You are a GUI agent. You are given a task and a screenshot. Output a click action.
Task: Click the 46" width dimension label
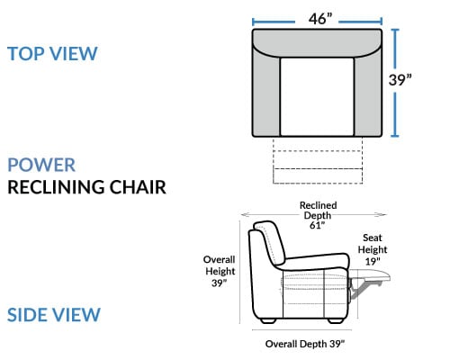tap(320, 19)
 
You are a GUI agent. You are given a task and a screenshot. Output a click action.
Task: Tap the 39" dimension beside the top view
tap(400, 80)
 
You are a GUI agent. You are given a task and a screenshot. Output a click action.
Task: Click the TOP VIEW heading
tap(52, 54)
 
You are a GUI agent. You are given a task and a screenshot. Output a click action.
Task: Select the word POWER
tap(41, 165)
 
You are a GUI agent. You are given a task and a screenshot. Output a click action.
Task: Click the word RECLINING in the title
tap(56, 187)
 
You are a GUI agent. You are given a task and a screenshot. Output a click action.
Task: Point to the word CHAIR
tap(138, 187)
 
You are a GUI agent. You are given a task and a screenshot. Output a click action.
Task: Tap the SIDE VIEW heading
tap(54, 315)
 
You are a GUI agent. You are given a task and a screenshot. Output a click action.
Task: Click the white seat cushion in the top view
tap(317, 96)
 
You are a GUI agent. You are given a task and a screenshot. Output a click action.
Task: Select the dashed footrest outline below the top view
tap(318, 160)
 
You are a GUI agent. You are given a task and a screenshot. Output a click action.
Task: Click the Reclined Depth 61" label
tap(318, 215)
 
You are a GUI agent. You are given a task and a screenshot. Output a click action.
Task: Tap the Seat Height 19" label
tap(373, 249)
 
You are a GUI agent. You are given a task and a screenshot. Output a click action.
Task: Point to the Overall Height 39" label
tap(220, 271)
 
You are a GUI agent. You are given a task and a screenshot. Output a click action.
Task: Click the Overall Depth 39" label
tap(305, 344)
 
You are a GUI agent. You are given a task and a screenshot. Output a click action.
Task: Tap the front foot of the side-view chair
tap(336, 321)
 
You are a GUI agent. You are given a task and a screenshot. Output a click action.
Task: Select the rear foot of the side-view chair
tap(268, 321)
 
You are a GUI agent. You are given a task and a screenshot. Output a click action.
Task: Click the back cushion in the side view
tap(270, 243)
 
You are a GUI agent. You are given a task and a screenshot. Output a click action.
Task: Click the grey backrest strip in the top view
tap(317, 41)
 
